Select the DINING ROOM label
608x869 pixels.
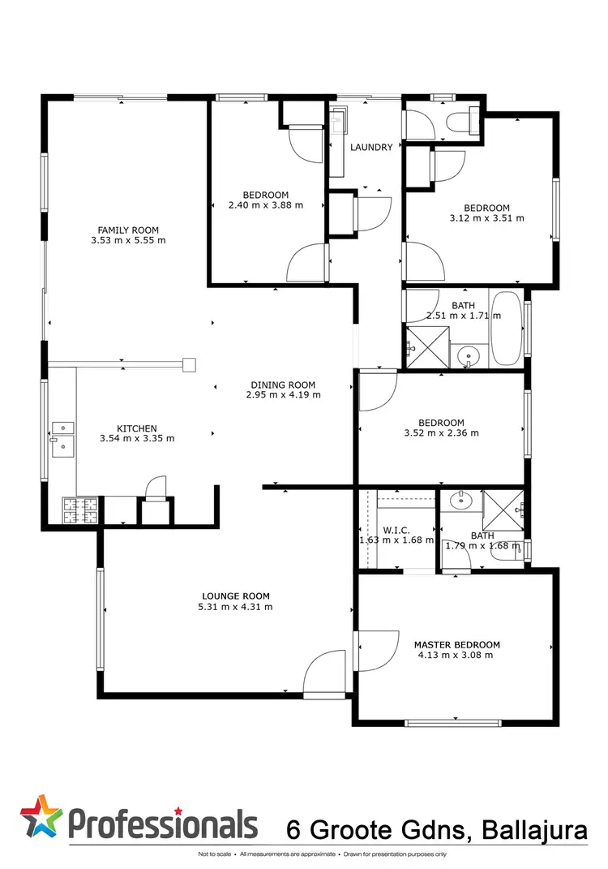[x=282, y=385]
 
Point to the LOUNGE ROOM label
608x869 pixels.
[x=235, y=596]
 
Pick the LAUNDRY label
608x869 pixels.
[x=371, y=148]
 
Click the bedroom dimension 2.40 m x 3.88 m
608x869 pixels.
[x=266, y=205]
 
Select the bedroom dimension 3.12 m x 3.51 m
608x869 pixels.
[x=486, y=217]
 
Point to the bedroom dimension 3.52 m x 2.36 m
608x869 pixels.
[x=441, y=433]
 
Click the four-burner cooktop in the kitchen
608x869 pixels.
[x=80, y=510]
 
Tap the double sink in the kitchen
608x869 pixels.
[x=62, y=438]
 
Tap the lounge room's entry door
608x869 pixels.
[x=323, y=673]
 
